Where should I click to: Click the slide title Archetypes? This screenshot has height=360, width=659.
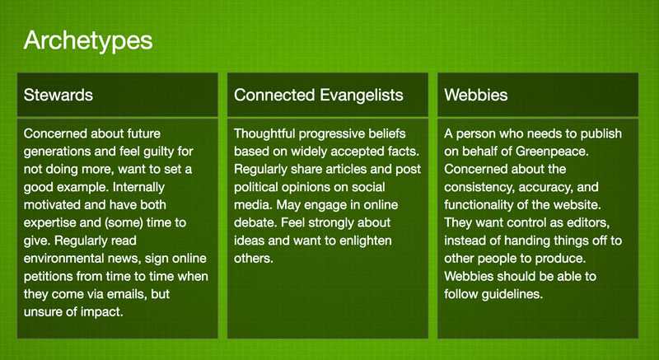coord(88,41)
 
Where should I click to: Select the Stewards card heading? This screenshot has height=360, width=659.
coord(58,95)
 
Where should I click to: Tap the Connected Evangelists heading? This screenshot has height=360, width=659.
coord(319,96)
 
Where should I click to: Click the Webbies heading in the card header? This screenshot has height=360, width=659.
coord(476,95)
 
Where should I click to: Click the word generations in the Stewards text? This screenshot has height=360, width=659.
coord(58,152)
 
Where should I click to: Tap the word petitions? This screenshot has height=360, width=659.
coord(47,277)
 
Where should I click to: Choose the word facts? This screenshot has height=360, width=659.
coord(404,152)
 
